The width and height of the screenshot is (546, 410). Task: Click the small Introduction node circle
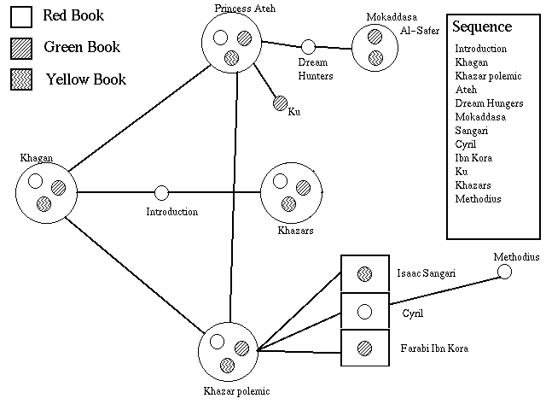pyautogui.click(x=161, y=193)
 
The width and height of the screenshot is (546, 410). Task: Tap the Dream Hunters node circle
pyautogui.click(x=309, y=46)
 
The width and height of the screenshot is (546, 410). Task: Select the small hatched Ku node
pyautogui.click(x=279, y=104)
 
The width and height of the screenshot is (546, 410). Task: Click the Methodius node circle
pyautogui.click(x=505, y=272)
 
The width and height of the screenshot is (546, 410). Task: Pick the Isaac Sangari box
pyautogui.click(x=365, y=273)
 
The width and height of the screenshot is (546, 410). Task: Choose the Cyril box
pyautogui.click(x=365, y=311)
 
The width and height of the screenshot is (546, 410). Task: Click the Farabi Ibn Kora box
pyautogui.click(x=365, y=348)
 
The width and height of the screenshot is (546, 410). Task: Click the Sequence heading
pyautogui.click(x=482, y=27)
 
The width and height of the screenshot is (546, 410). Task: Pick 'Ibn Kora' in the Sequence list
pyautogui.click(x=473, y=159)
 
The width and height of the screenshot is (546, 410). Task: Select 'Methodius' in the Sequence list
pyautogui.click(x=478, y=200)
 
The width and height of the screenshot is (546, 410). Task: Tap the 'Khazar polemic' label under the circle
pyautogui.click(x=236, y=391)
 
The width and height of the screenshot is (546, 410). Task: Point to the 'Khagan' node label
pyautogui.click(x=36, y=158)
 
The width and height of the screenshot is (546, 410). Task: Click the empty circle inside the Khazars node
pyautogui.click(x=279, y=181)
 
